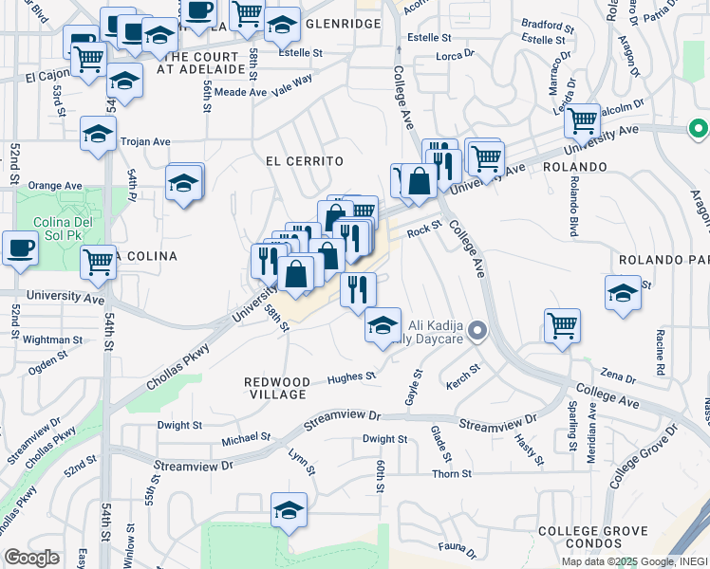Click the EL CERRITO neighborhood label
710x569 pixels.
[x=304, y=162]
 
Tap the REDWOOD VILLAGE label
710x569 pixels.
[x=275, y=387]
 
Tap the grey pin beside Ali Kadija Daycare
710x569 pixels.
[x=477, y=331]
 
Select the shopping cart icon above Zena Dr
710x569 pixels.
[x=562, y=326]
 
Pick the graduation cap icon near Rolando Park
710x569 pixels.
[x=623, y=292]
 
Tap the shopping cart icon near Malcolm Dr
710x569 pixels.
[x=581, y=120]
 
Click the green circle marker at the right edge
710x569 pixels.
[x=699, y=128]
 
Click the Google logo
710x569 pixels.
[x=32, y=558]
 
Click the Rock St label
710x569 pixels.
[x=424, y=228]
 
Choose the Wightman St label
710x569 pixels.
[x=52, y=339]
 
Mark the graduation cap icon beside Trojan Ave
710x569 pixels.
[x=98, y=134]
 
